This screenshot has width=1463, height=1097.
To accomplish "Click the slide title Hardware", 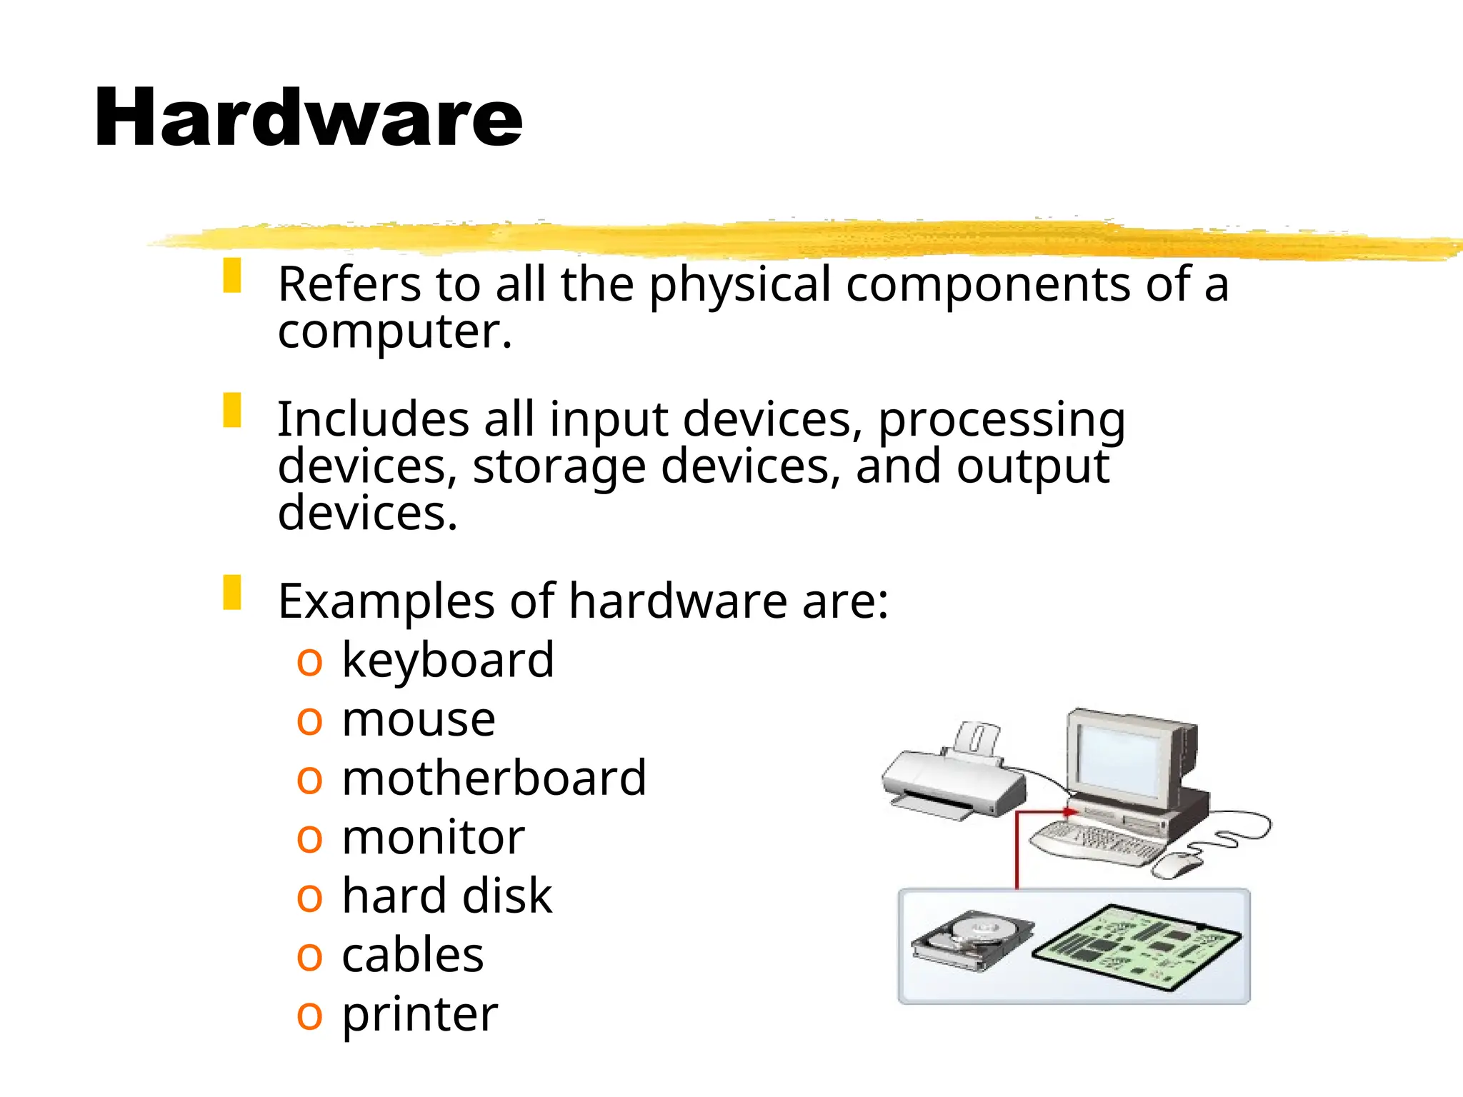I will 309,118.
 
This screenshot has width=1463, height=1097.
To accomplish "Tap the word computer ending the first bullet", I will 394,333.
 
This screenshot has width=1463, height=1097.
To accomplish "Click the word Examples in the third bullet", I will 386,601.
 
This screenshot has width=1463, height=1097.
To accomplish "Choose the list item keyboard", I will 448,660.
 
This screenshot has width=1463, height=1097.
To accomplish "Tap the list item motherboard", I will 494,778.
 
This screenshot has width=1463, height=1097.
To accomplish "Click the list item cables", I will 412,955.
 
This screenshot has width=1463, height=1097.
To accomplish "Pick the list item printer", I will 419,1014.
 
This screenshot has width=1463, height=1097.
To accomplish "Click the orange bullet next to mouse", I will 309,721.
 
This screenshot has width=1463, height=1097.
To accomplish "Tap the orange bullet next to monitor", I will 309,838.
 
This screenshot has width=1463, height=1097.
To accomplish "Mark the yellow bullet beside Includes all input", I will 232,410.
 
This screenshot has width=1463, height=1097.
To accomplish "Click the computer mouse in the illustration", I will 1177,866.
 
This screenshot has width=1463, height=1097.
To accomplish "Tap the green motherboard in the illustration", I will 1137,947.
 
